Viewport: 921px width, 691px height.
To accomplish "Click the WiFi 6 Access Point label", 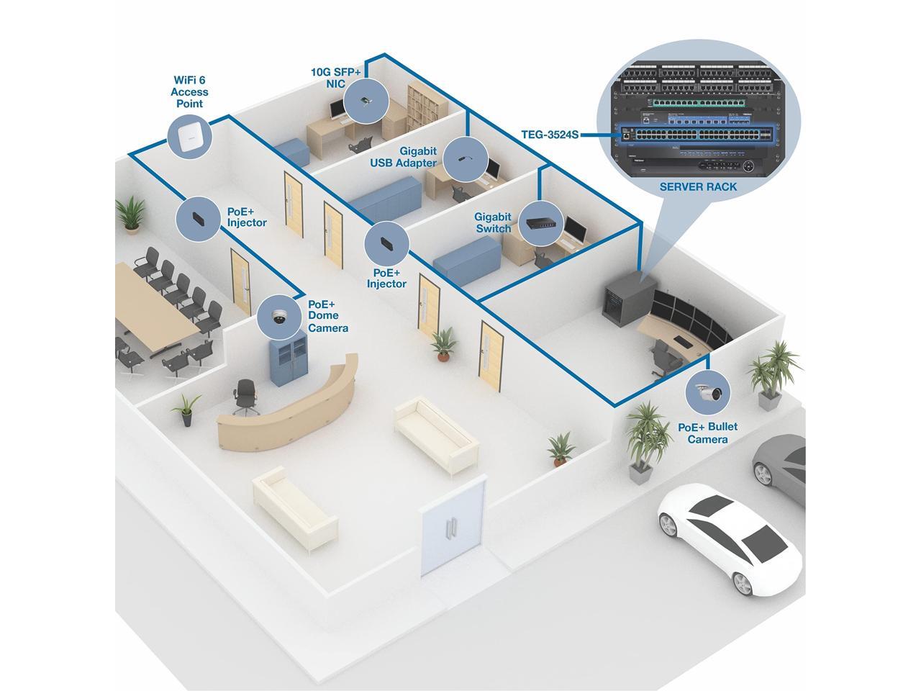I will pos(189,91).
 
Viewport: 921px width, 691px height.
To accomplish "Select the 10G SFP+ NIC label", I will pos(335,78).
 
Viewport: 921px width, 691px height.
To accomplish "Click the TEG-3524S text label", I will pos(550,135).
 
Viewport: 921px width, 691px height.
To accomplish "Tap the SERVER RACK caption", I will pos(698,186).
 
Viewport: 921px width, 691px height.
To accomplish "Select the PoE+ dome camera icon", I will pos(278,317).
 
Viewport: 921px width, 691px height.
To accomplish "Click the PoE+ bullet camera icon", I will pos(707,393).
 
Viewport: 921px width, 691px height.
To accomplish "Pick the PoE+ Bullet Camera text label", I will pos(707,433).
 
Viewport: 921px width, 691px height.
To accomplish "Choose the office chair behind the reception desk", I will pos(245,396).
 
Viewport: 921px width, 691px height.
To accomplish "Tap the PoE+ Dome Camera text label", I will pos(327,316).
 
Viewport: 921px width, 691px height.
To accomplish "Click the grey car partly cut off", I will pos(781,468).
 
